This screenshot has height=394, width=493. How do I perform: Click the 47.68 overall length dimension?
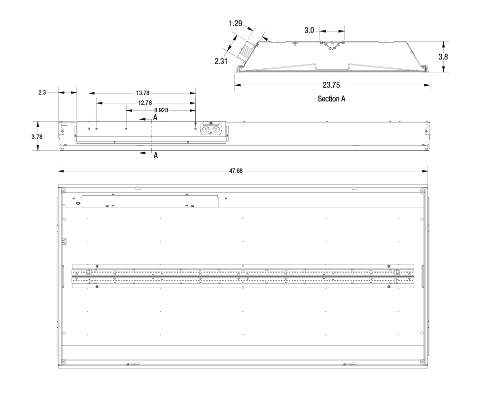(x=236, y=171)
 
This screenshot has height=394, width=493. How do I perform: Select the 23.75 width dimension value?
(x=331, y=85)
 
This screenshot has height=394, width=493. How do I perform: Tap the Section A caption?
(x=331, y=98)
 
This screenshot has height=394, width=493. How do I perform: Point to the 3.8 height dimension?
(x=443, y=57)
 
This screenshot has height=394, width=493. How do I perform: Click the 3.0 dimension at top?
(x=309, y=30)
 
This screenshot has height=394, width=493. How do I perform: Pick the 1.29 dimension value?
(x=235, y=23)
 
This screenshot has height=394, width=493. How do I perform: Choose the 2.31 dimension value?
(x=221, y=61)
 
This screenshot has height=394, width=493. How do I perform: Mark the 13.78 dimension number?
(x=143, y=93)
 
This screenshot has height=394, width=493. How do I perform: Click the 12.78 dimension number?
(x=145, y=103)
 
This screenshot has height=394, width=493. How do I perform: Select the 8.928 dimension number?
(x=161, y=110)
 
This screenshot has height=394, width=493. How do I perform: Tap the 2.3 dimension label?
(x=42, y=93)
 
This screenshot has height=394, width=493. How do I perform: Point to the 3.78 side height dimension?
(x=37, y=137)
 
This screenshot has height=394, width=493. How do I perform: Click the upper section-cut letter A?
(x=155, y=118)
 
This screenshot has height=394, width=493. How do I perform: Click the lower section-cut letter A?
(x=155, y=155)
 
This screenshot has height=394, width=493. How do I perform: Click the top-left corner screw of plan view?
(x=64, y=191)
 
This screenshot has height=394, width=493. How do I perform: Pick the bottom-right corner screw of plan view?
(x=422, y=362)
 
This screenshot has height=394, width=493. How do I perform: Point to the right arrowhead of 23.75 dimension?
(x=427, y=85)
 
